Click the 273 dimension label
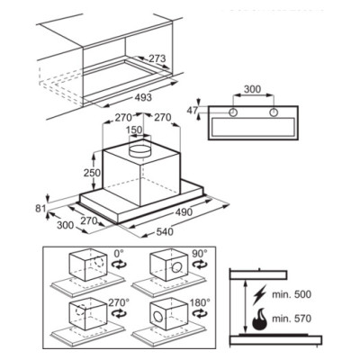(157, 58)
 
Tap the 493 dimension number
(143, 97)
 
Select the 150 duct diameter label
(134, 130)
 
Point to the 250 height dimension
(92, 173)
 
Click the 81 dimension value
(40, 209)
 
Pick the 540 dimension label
(165, 231)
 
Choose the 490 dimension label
(184, 212)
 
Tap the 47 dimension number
(193, 110)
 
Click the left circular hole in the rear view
(233, 112)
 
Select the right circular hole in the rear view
(274, 112)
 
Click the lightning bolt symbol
(258, 295)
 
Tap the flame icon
(259, 319)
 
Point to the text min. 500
(292, 294)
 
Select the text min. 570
(292, 319)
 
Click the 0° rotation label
(119, 254)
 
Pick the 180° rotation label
(200, 302)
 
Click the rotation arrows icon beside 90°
(200, 265)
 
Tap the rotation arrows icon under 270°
(119, 314)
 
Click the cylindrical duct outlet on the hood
(139, 150)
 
